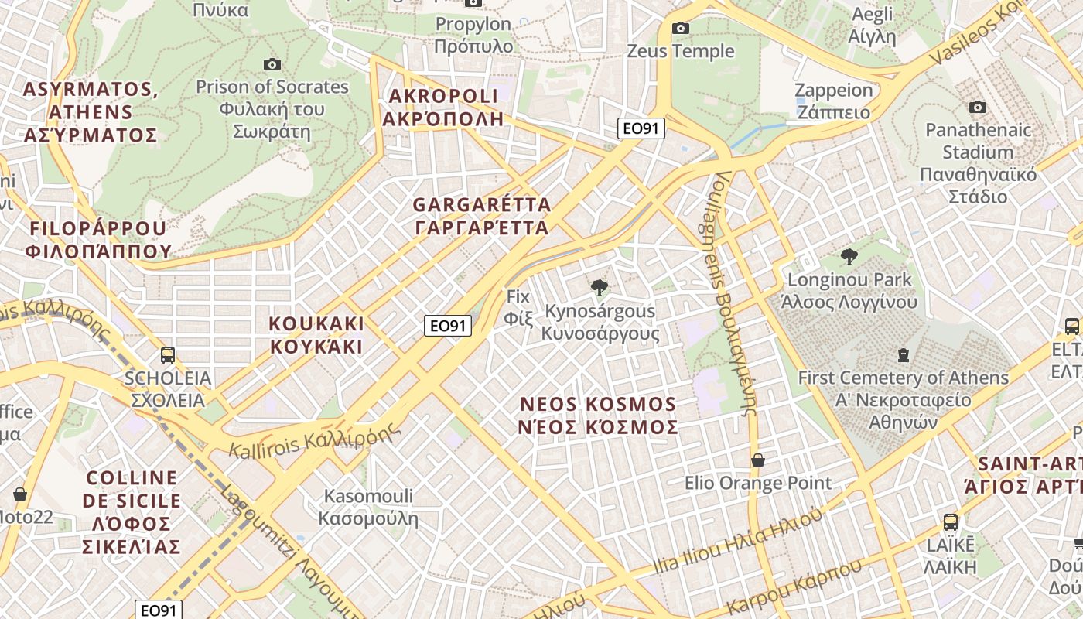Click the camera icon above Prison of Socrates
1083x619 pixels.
point(272,64)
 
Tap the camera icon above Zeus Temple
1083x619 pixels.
point(681,29)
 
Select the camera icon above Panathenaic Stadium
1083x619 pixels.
point(978,107)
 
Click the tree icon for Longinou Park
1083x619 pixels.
point(849,257)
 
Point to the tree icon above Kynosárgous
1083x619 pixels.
point(599,288)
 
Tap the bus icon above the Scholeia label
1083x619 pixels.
point(168,355)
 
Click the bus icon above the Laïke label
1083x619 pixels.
point(950,522)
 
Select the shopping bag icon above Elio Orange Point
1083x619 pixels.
point(758,460)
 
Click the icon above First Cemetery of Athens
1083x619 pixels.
point(903,355)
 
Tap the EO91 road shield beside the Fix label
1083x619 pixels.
point(448,326)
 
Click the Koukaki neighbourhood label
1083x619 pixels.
point(316,334)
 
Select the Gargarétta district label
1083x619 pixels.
point(482,217)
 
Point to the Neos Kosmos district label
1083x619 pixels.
point(599,416)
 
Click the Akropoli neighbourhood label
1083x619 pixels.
point(443,108)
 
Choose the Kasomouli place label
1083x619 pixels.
point(369,507)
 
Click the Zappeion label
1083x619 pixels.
point(833,101)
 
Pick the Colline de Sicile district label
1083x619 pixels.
point(132,512)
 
